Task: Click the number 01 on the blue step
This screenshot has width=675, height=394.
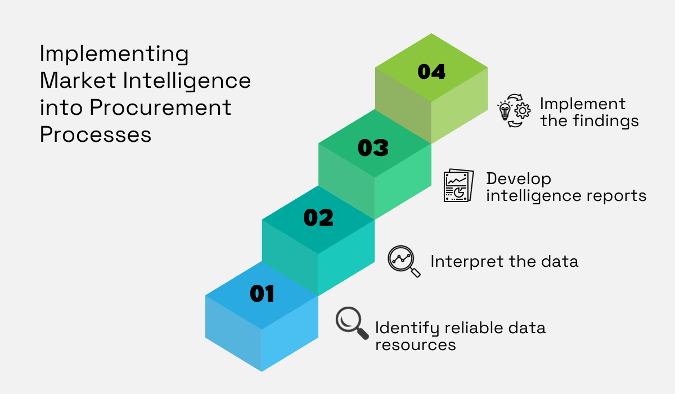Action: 262,293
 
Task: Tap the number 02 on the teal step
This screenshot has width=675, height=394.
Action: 318,218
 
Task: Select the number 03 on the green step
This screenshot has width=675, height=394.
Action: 373,148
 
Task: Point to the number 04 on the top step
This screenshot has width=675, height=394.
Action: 431,71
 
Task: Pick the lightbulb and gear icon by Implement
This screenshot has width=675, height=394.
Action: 514,110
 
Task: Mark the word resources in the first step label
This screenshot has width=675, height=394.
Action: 415,344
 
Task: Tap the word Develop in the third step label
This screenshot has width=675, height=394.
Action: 519,180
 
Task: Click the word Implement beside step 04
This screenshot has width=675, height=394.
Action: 582,104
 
